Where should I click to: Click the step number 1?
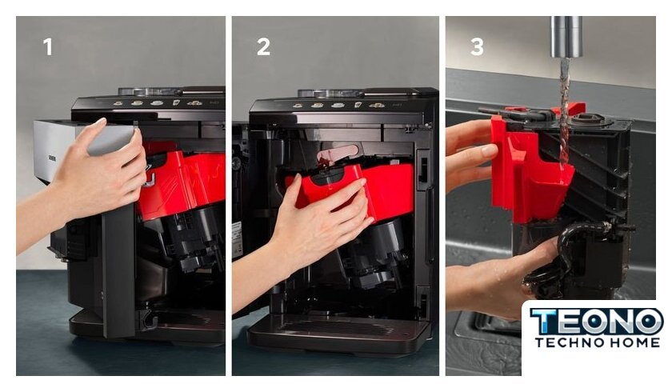[x=47, y=46]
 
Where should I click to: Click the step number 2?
[x=263, y=46]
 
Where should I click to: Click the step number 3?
[x=477, y=46]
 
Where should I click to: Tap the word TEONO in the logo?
[x=597, y=322]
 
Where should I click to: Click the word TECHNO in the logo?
[x=570, y=342]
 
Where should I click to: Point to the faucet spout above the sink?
[x=566, y=37]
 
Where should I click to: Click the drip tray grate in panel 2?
[x=338, y=329]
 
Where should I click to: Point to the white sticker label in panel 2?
[x=237, y=240]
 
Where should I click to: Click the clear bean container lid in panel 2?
[x=325, y=93]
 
